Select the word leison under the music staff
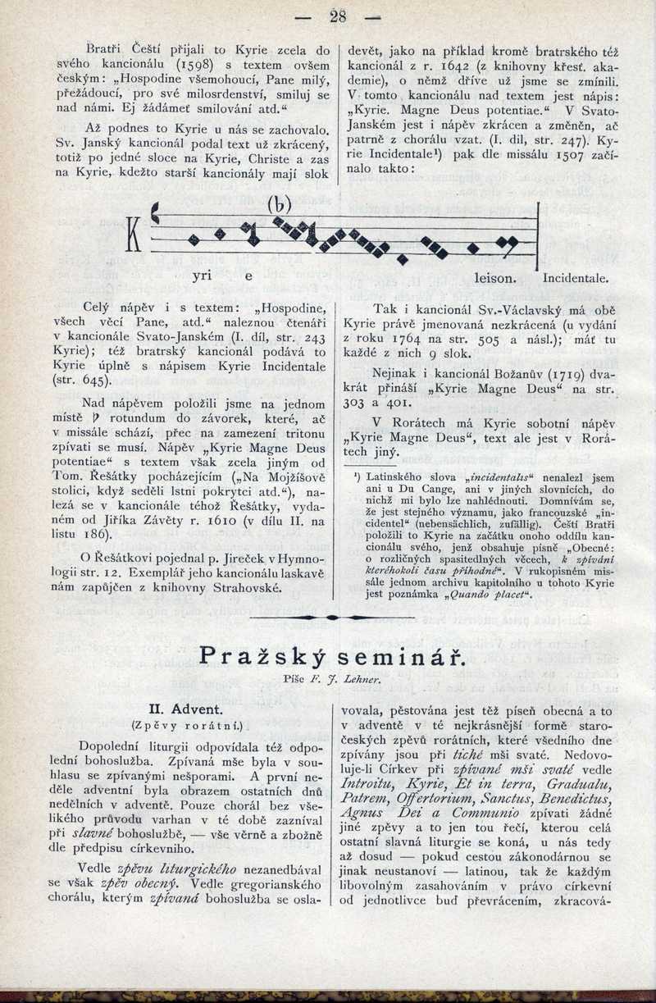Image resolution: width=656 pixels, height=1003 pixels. pyautogui.click(x=495, y=278)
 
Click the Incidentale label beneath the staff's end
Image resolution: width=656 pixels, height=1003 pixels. pyautogui.click(x=576, y=278)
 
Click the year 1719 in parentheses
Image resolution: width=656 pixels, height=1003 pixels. pyautogui.click(x=544, y=375)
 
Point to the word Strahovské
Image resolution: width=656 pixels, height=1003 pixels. pyautogui.click(x=246, y=588)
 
